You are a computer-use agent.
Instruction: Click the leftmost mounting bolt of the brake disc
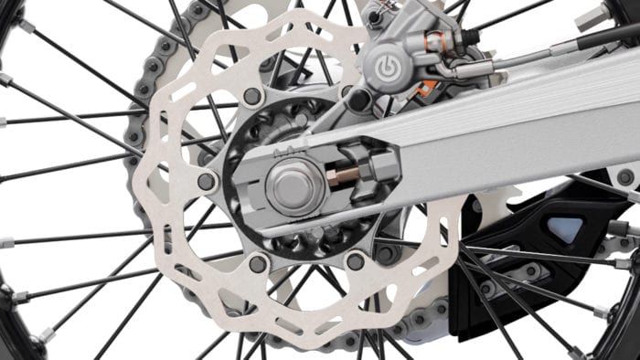pyautogui.click(x=206, y=182)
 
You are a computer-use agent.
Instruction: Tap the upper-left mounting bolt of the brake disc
pyautogui.click(x=253, y=97)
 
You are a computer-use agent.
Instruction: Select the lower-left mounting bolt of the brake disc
pyautogui.click(x=259, y=264)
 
